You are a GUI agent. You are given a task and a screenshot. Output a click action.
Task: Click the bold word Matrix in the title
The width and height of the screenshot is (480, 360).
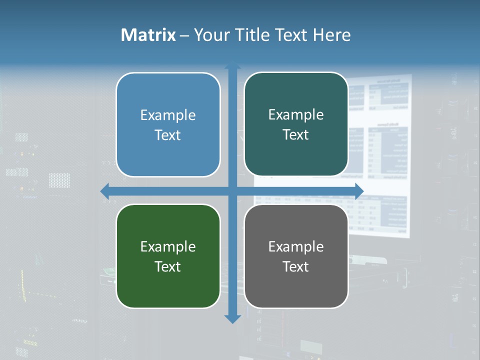click(x=148, y=35)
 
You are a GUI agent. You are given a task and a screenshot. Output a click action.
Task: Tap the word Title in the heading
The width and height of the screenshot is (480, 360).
click(x=250, y=35)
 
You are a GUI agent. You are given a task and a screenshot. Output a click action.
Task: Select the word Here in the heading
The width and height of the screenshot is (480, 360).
click(x=331, y=35)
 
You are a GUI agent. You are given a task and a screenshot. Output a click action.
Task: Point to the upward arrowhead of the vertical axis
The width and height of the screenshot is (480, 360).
click(x=232, y=66)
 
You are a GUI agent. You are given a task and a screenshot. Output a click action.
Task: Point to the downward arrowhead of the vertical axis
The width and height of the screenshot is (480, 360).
click(x=232, y=318)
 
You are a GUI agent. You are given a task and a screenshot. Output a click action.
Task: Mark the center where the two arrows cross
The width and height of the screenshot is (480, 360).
click(x=232, y=191)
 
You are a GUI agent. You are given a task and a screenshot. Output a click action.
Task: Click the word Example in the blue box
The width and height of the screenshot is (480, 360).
click(x=168, y=115)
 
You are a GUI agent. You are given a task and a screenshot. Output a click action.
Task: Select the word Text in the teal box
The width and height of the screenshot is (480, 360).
click(x=296, y=135)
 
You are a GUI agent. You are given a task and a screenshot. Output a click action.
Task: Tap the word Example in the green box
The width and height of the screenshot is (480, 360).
click(x=168, y=246)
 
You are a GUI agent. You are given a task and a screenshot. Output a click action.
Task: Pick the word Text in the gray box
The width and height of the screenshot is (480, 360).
click(x=296, y=266)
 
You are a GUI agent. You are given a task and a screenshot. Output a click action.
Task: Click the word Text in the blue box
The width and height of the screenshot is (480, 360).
click(x=168, y=135)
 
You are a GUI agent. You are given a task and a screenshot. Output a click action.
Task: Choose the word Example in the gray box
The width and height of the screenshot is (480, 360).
click(x=296, y=246)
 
